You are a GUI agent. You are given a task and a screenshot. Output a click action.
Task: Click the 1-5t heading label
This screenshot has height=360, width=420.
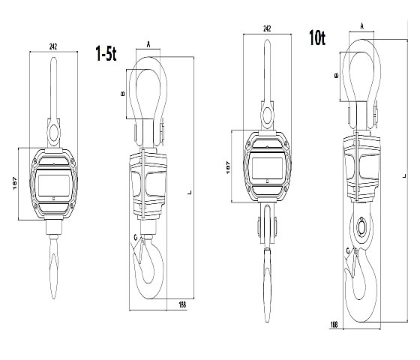pyautogui.click(x=106, y=53)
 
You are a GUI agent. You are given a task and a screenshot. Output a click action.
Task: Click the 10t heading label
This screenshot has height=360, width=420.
pyautogui.click(x=317, y=37)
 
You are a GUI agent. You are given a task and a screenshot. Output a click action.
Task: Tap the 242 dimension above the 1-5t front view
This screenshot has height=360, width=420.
pyautogui.click(x=53, y=46)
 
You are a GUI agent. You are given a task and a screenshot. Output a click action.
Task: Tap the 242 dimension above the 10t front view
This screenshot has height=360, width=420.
pyautogui.click(x=267, y=28)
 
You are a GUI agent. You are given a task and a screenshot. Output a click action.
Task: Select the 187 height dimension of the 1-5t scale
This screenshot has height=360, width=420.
pyautogui.click(x=15, y=184)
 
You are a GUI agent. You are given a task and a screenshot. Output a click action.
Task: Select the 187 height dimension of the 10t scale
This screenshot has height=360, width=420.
pyautogui.click(x=228, y=167)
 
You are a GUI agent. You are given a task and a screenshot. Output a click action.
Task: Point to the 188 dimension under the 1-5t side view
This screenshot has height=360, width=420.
pyautogui.click(x=182, y=304)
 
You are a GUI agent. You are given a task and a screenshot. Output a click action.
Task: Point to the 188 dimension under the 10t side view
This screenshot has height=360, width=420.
pyautogui.click(x=334, y=325)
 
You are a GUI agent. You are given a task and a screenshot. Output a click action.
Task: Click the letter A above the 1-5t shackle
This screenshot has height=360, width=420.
pyautogui.click(x=148, y=45)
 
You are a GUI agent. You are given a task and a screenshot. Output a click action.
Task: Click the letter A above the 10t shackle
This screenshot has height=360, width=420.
pyautogui.click(x=361, y=26)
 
